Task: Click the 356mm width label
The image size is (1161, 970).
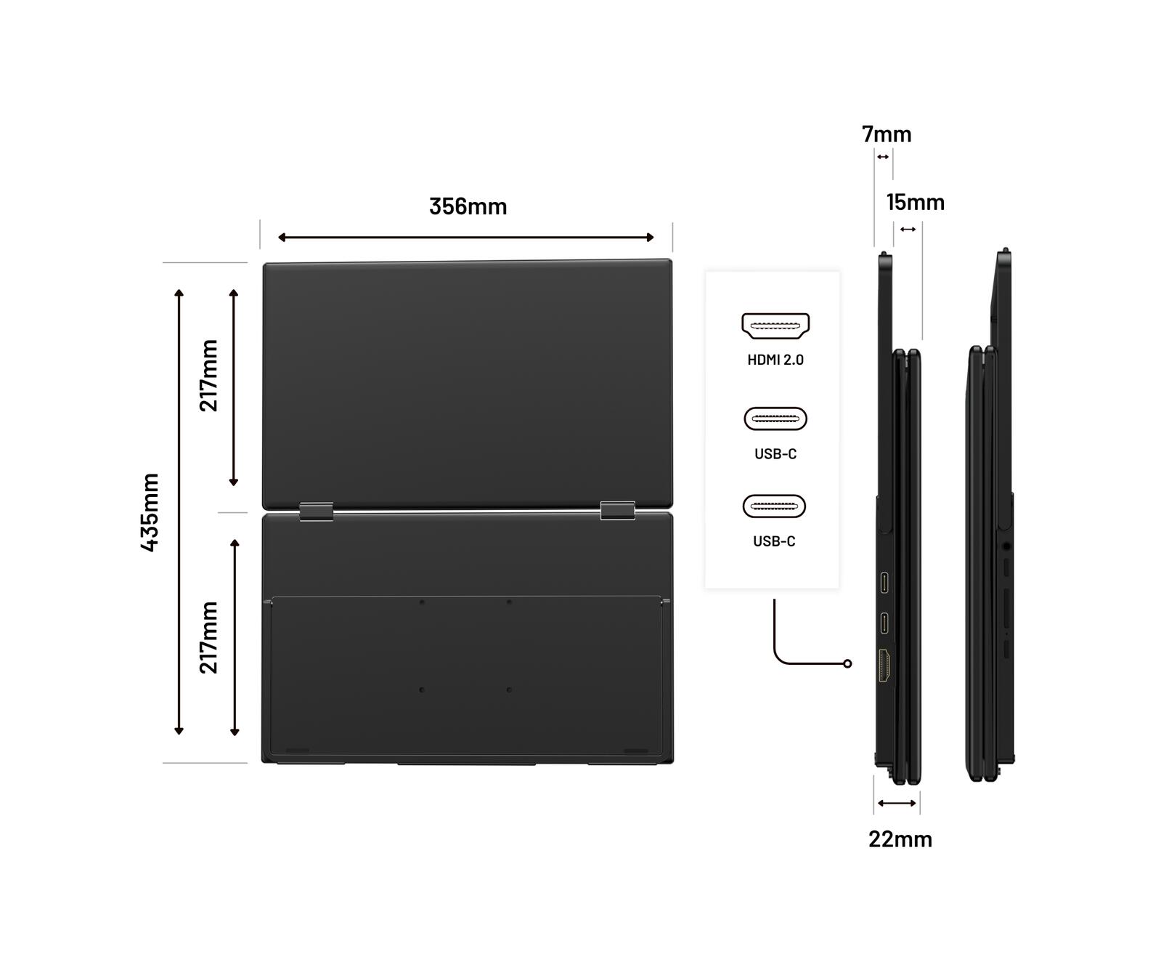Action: tap(468, 206)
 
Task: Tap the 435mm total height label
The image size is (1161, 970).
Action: tap(150, 512)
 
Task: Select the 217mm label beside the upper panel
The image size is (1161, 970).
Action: tap(208, 376)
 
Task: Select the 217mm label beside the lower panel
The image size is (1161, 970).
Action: tap(208, 638)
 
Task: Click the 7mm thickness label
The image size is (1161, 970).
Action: tap(887, 134)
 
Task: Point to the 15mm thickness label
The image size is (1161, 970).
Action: tap(916, 202)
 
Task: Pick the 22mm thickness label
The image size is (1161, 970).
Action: tap(900, 839)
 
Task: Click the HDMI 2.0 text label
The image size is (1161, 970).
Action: tap(775, 360)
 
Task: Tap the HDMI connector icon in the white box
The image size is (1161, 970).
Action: tap(775, 326)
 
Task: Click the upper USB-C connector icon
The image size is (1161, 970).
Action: tap(775, 419)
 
